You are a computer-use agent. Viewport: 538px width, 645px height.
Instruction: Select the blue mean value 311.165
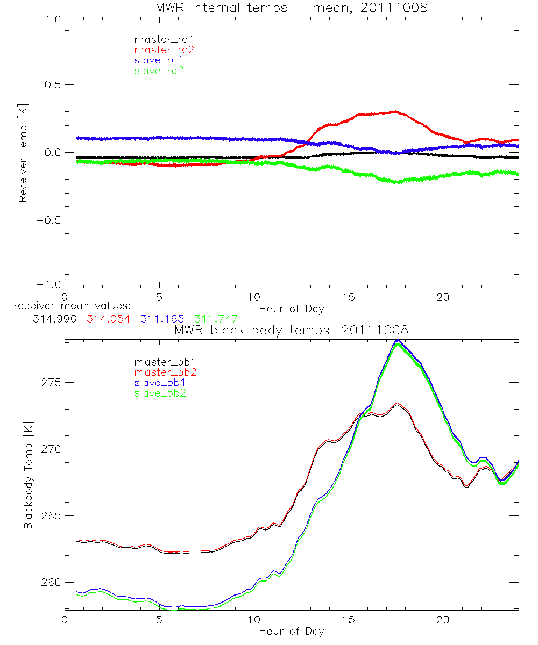click(165, 319)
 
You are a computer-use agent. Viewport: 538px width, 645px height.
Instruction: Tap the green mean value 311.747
click(216, 319)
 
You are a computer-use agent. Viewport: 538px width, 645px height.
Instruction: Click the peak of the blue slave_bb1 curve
click(398, 340)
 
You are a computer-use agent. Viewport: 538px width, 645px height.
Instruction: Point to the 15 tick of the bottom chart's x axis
click(349, 619)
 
